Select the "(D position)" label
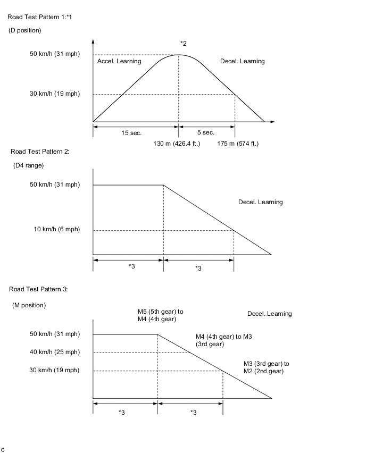[x=25, y=30]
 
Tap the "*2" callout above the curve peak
[x=184, y=43]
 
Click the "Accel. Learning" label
[x=119, y=61]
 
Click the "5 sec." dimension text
[x=205, y=132]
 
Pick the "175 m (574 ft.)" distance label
[x=238, y=144]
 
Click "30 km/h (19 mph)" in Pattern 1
[x=54, y=94]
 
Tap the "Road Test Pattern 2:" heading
[x=40, y=152]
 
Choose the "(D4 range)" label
[x=28, y=165]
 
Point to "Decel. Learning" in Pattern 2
[x=261, y=202]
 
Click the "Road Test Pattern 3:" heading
[x=38, y=289]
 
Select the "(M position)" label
[x=29, y=305]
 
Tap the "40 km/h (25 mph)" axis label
[x=54, y=352]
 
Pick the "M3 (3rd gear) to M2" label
[x=267, y=367]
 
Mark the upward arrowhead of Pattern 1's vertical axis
[x=93, y=41]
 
